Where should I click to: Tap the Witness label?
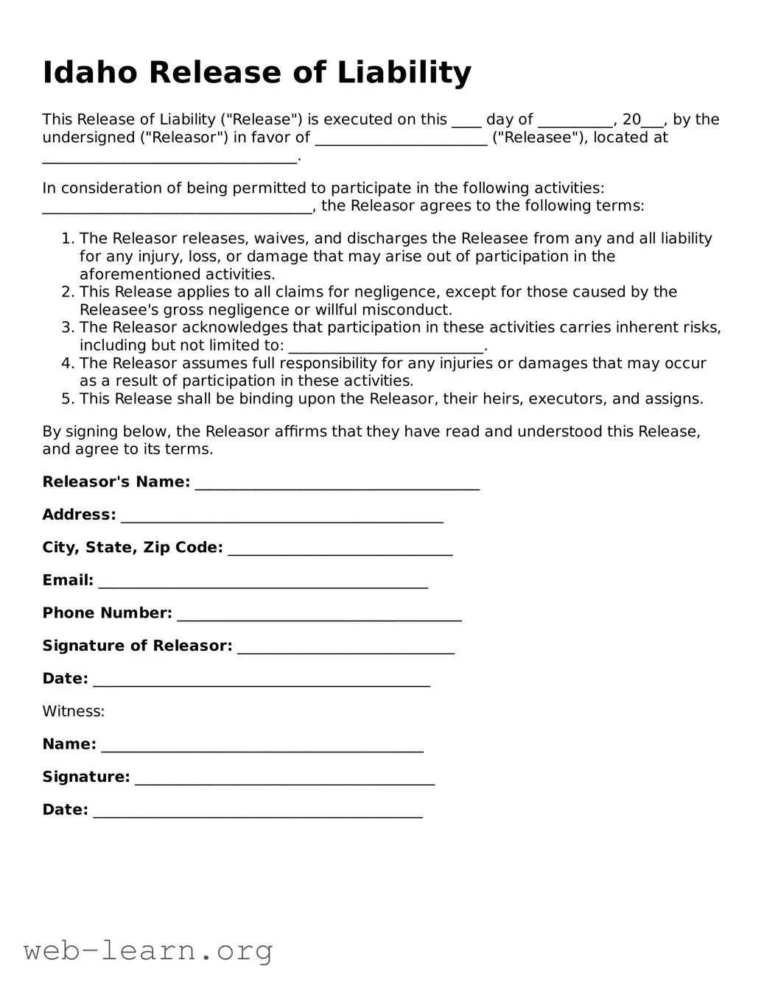[x=73, y=711]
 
